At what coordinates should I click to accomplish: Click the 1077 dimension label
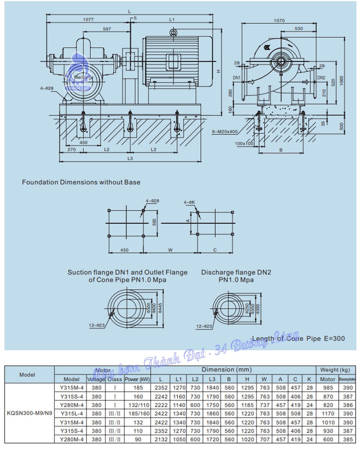[88, 19]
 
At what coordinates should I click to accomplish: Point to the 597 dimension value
[107, 29]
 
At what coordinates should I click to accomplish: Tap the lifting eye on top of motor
[173, 32]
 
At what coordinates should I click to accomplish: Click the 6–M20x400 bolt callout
[225, 131]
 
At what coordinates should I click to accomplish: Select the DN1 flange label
[237, 78]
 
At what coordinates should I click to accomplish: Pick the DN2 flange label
[321, 78]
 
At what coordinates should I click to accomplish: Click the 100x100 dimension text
[244, 143]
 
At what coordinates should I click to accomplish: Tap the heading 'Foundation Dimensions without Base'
[81, 182]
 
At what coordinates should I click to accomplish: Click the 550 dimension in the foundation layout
[154, 222]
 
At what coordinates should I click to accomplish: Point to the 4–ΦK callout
[189, 202]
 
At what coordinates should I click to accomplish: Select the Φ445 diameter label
[160, 308]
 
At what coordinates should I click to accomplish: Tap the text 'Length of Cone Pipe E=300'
[298, 338]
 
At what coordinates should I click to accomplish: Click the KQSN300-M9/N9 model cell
[29, 413]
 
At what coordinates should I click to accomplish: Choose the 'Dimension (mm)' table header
[226, 370]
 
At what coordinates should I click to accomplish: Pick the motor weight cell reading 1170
[328, 413]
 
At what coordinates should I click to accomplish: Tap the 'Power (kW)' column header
[137, 379]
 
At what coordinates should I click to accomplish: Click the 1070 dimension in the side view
[279, 20]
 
